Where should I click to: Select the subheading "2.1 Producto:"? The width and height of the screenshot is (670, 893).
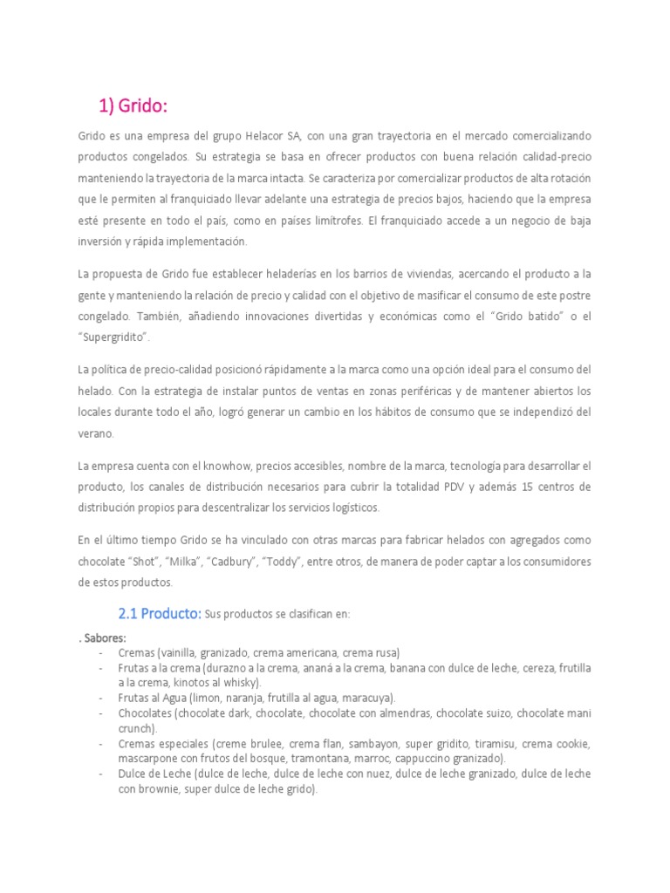coord(160,613)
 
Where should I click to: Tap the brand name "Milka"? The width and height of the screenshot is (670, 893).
coord(202,562)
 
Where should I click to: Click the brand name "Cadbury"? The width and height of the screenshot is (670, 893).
coord(257,562)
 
